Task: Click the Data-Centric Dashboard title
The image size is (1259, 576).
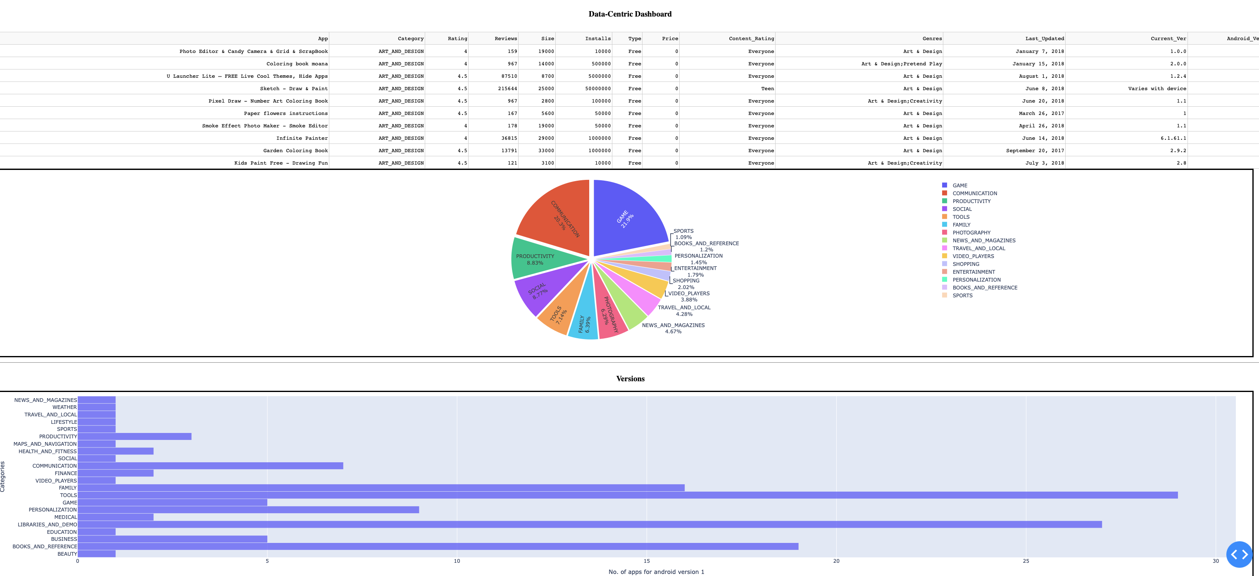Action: pyautogui.click(x=630, y=14)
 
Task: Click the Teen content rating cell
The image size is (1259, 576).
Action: pyautogui.click(x=767, y=88)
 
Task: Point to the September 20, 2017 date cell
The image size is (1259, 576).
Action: pyautogui.click(x=1034, y=151)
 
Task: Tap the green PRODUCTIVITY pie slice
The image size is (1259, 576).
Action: pyautogui.click(x=538, y=259)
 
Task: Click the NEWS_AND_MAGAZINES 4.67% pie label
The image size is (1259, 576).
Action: pyautogui.click(x=673, y=328)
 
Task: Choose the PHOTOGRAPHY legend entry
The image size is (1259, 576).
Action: pyautogui.click(x=971, y=233)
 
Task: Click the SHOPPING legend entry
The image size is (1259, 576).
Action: pyautogui.click(x=965, y=264)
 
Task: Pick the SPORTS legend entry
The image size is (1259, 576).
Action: pyautogui.click(x=962, y=295)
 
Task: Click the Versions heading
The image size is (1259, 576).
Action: pyautogui.click(x=630, y=379)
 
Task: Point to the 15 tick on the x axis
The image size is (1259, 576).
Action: pyautogui.click(x=646, y=561)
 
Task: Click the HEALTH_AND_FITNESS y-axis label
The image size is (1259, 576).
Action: pyautogui.click(x=48, y=451)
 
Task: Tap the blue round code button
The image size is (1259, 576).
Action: pyautogui.click(x=1239, y=554)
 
